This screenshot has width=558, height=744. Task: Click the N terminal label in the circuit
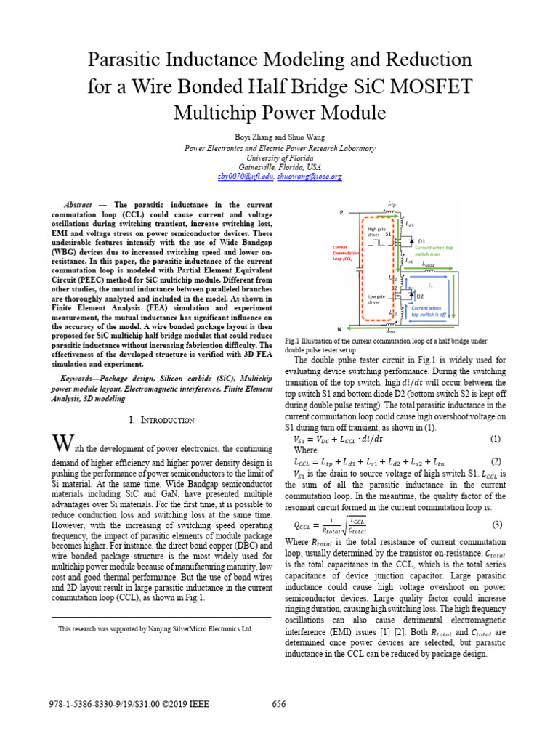(x=340, y=329)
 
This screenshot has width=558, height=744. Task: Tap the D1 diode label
(x=421, y=240)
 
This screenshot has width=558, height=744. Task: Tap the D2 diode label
(x=420, y=296)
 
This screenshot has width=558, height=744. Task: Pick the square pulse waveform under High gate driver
(x=376, y=245)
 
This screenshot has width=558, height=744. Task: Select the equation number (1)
(x=496, y=439)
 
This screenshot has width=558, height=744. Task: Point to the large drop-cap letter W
(x=62, y=442)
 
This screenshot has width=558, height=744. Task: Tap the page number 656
(x=279, y=703)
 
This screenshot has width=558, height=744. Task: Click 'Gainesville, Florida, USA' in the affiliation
(x=279, y=167)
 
